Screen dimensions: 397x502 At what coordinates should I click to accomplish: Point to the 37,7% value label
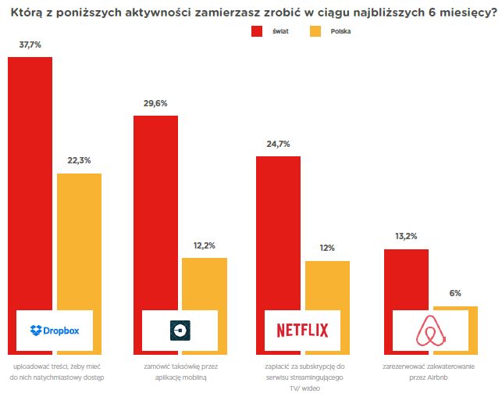(30, 45)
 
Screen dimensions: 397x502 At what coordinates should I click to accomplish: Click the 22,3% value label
(79, 160)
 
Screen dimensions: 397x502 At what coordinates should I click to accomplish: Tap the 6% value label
(455, 293)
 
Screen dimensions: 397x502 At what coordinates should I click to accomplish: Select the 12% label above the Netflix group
(327, 248)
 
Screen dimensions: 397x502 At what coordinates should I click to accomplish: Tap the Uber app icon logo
(180, 331)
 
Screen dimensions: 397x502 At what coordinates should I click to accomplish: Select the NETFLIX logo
(303, 331)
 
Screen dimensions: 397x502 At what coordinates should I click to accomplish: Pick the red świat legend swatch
(257, 31)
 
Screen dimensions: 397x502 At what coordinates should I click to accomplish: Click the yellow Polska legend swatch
(315, 31)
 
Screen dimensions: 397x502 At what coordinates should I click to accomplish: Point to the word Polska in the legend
(340, 32)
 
